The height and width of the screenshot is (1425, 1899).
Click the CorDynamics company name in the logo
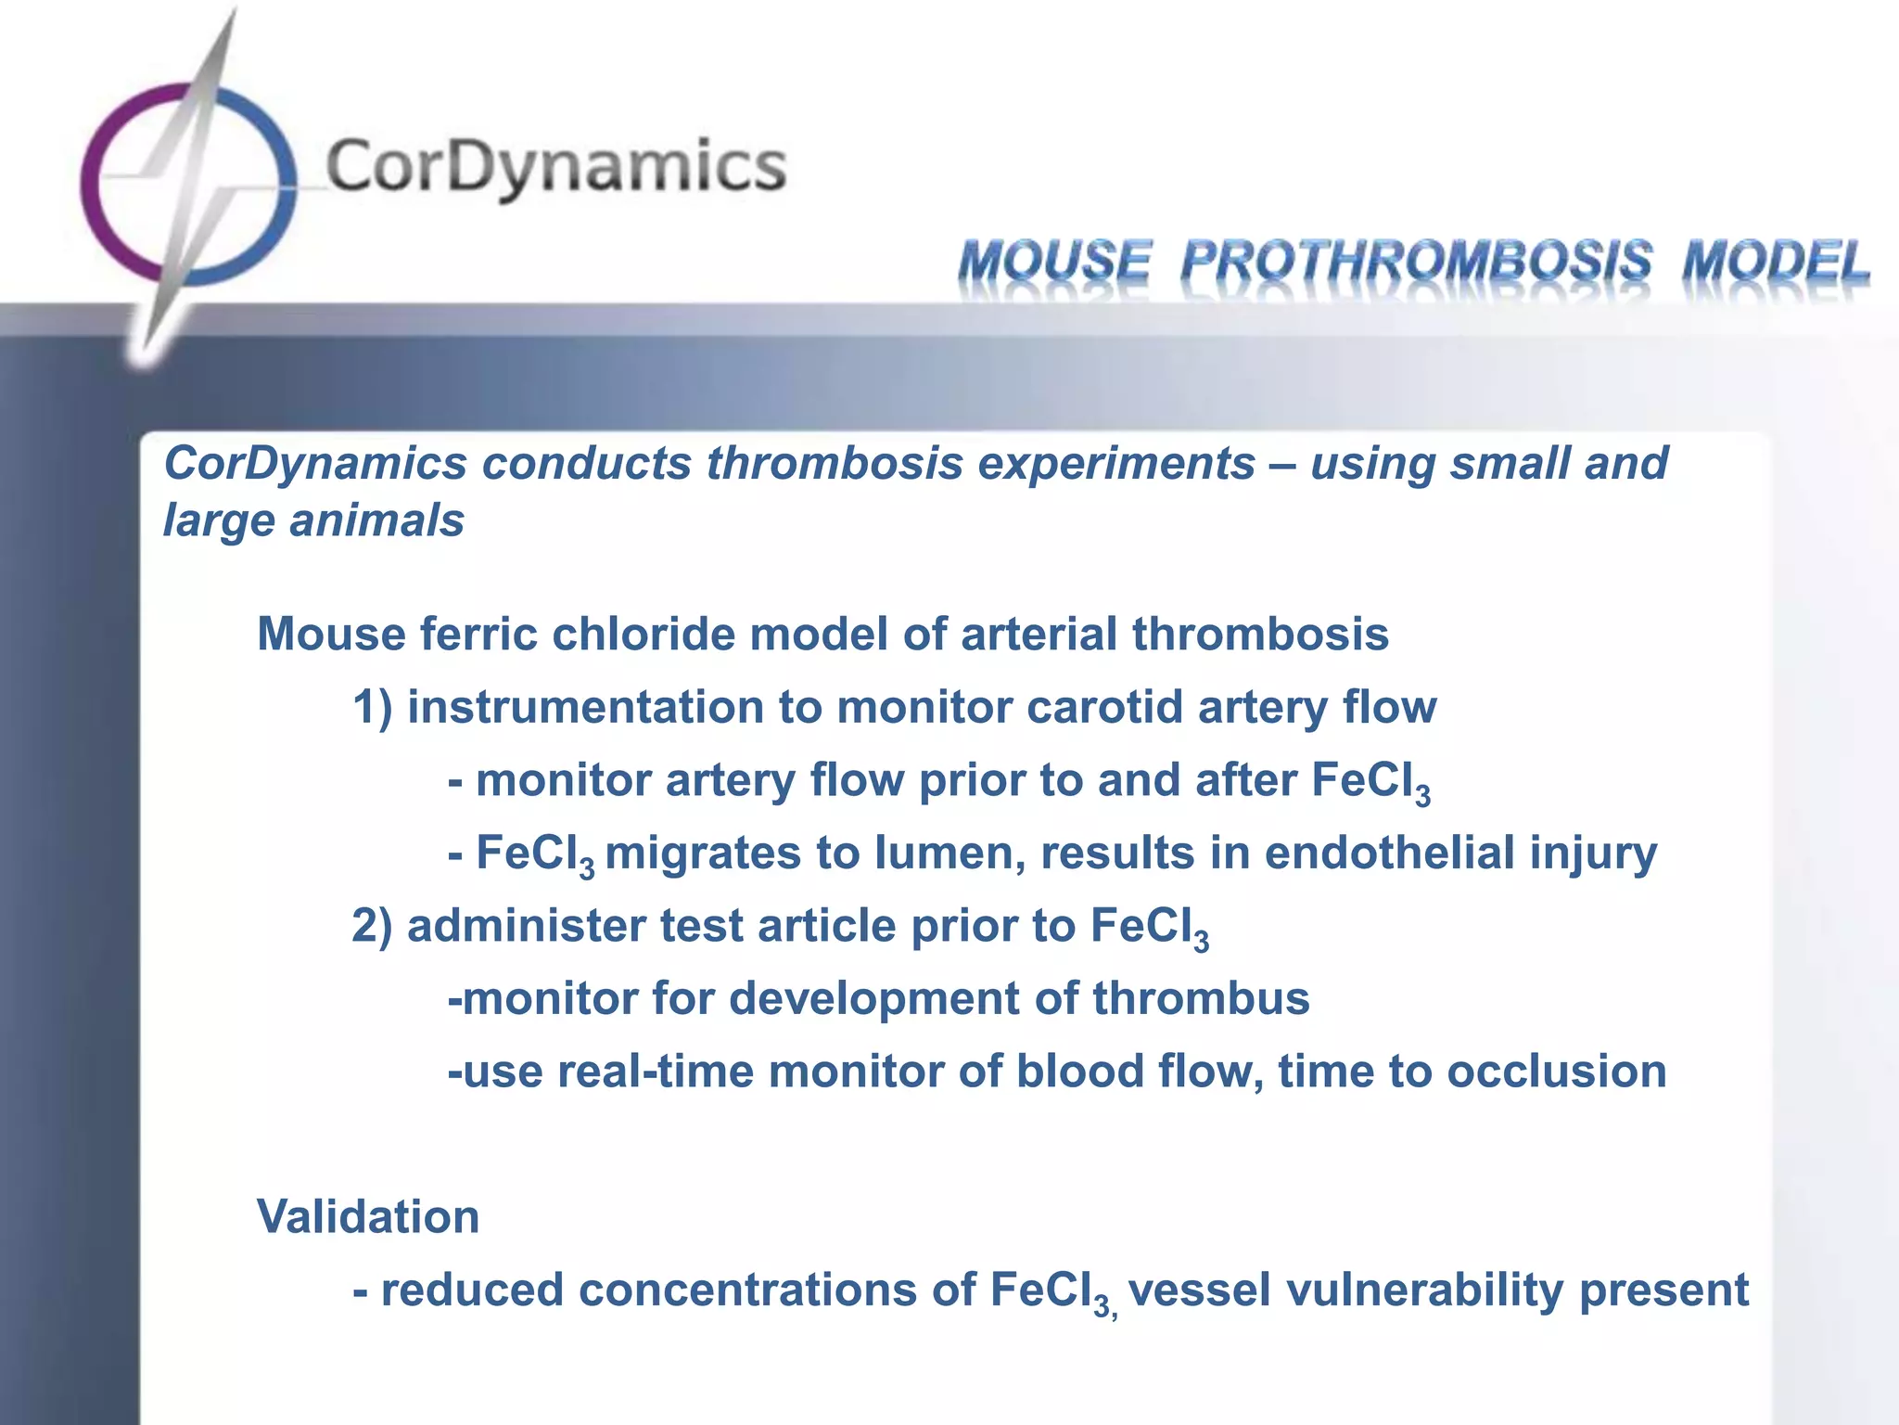point(554,167)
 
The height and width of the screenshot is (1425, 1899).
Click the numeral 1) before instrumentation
point(373,707)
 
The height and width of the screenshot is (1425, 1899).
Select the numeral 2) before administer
point(373,926)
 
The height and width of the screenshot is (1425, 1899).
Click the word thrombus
point(1201,998)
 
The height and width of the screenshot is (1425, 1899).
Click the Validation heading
point(368,1216)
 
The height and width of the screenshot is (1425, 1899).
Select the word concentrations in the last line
point(747,1290)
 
